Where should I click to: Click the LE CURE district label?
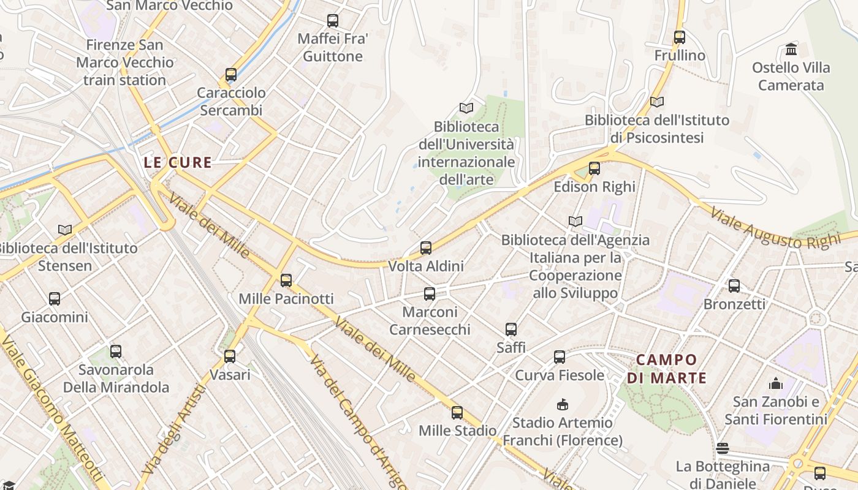pyautogui.click(x=178, y=163)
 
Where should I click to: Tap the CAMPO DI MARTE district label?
pyautogui.click(x=667, y=369)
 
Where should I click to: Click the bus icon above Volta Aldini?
pyautogui.click(x=426, y=248)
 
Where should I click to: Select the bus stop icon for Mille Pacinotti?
pyautogui.click(x=286, y=281)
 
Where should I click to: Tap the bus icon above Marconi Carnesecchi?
pyautogui.click(x=430, y=294)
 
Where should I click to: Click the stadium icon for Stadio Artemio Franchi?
pyautogui.click(x=562, y=404)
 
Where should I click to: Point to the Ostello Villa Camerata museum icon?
pyautogui.click(x=791, y=49)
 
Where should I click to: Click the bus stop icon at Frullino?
pyautogui.click(x=680, y=37)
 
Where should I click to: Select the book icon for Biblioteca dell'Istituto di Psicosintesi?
pyautogui.click(x=657, y=102)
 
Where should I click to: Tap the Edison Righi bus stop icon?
pyautogui.click(x=594, y=168)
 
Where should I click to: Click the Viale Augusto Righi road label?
pyautogui.click(x=775, y=229)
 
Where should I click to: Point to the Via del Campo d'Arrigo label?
pyautogui.click(x=358, y=423)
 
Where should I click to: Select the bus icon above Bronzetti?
pyautogui.click(x=734, y=285)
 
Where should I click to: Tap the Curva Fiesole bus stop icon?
pyautogui.click(x=560, y=357)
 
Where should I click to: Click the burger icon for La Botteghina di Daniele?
pyautogui.click(x=723, y=448)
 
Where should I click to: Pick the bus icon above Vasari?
pyautogui.click(x=230, y=356)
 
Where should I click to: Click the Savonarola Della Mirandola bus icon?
pyautogui.click(x=116, y=352)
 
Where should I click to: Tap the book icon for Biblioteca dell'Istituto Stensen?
pyautogui.click(x=65, y=230)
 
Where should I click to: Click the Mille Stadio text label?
pyautogui.click(x=457, y=431)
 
